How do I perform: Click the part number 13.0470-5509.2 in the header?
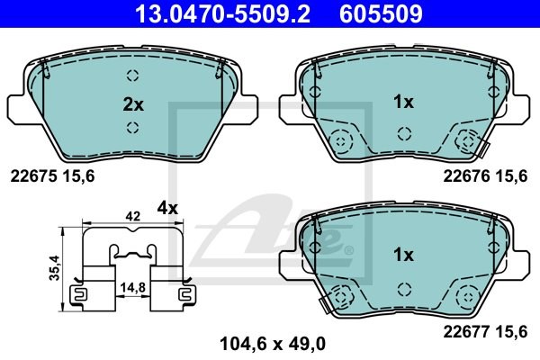tap(223, 13)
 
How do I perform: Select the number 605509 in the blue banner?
tap(381, 13)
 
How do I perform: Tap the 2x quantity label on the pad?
tap(133, 104)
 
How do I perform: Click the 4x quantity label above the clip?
tap(167, 208)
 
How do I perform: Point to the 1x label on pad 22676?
tap(403, 102)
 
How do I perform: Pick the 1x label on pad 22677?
tap(403, 255)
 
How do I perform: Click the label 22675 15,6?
tap(52, 176)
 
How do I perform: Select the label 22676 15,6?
tap(485, 176)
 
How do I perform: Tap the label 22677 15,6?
tap(485, 332)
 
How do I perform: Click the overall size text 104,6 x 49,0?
tap(273, 344)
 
